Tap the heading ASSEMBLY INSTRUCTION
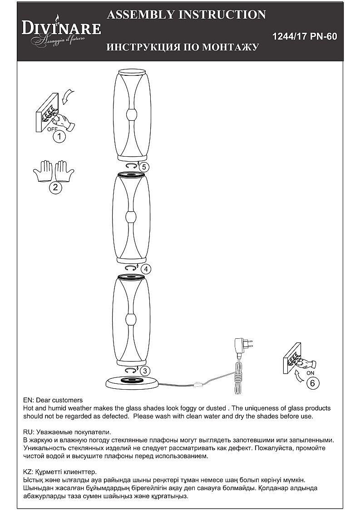coord(186,15)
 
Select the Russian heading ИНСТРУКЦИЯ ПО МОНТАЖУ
coord(182,47)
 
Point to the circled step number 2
coord(55,188)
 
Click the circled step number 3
coord(144,371)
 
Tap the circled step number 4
coord(145,269)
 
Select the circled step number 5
coord(143,167)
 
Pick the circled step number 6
coord(312,383)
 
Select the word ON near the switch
coord(310,373)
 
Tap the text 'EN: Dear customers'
coord(53,400)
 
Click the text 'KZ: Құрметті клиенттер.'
coord(59,472)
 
